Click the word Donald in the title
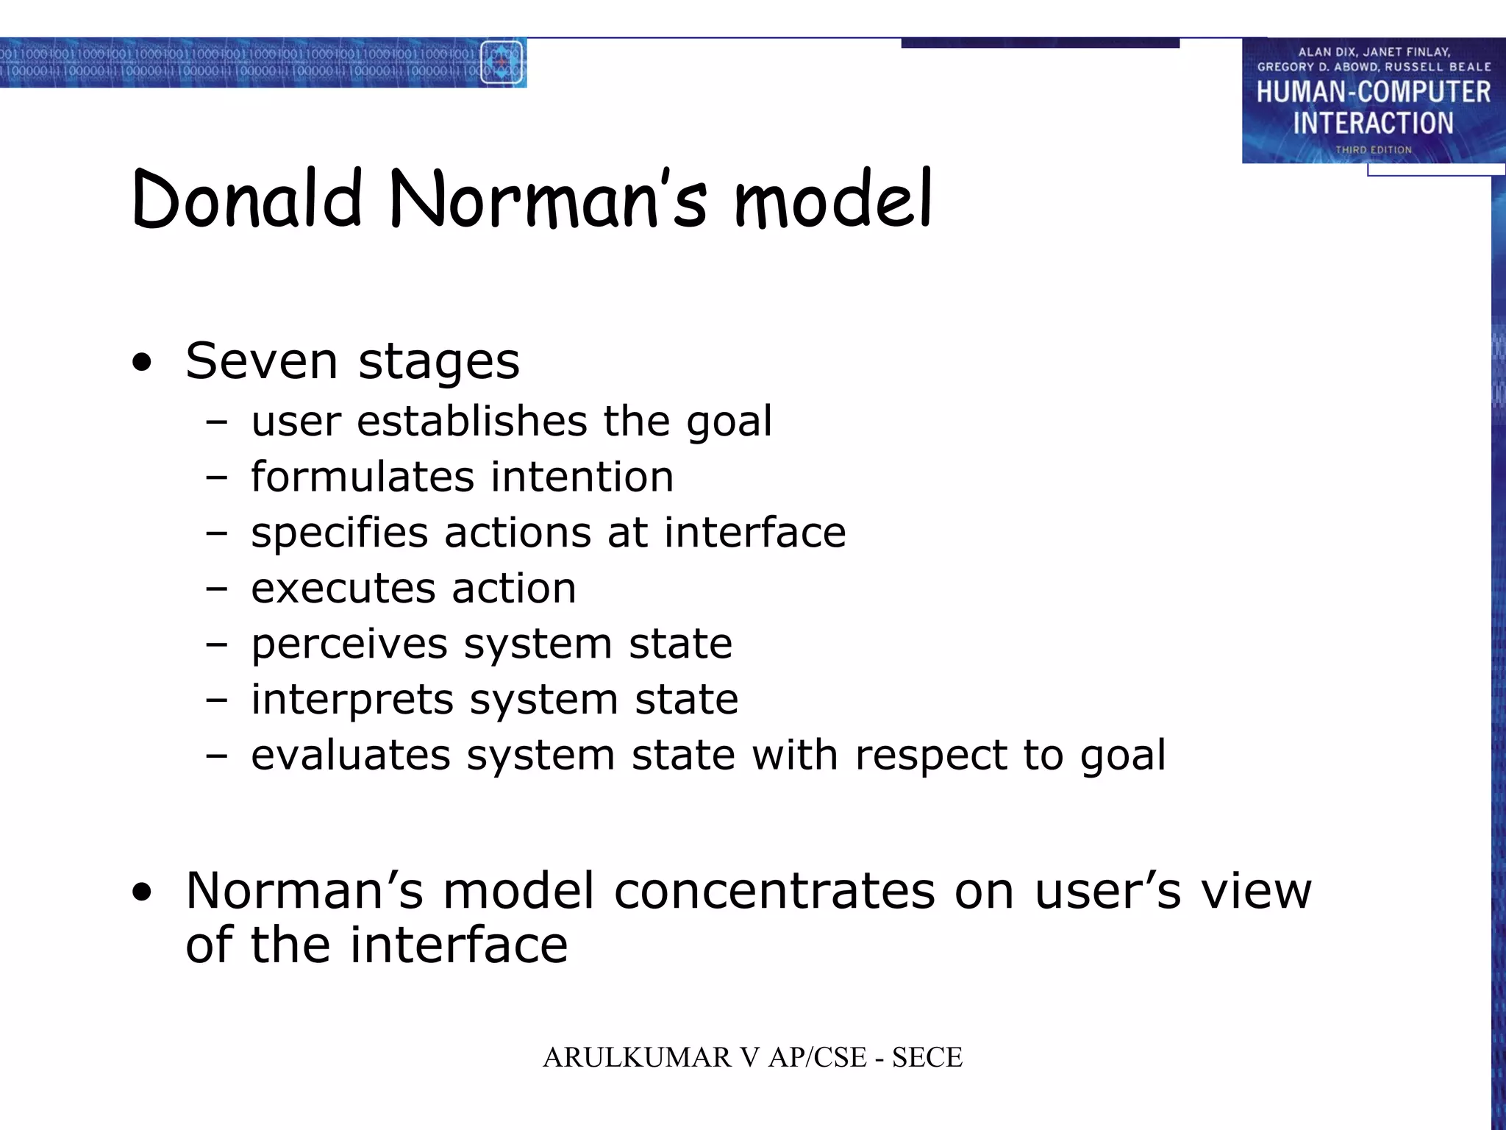(x=247, y=199)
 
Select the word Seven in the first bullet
(x=261, y=361)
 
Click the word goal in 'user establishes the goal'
(x=729, y=422)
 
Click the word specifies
(x=339, y=533)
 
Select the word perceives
(x=349, y=644)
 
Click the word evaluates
(x=350, y=756)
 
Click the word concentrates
(x=774, y=891)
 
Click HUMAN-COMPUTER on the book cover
(x=1373, y=93)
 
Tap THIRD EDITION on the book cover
(x=1373, y=150)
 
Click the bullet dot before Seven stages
(x=142, y=363)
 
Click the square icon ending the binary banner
(x=502, y=63)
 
